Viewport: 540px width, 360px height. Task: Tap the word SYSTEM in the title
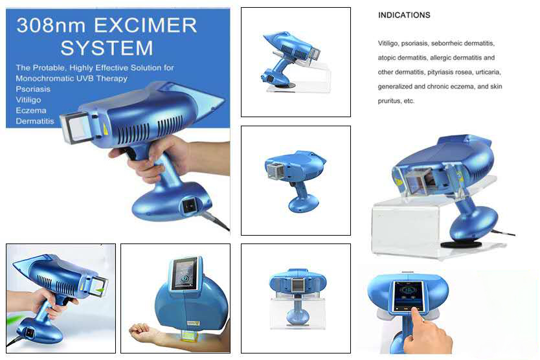(107, 47)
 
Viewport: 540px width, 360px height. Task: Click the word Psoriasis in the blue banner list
(33, 89)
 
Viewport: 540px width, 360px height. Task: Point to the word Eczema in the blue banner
(30, 110)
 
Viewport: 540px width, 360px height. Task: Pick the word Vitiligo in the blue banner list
(28, 100)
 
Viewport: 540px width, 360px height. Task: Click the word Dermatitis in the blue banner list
(34, 120)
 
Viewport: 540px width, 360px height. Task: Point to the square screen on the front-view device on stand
(298, 285)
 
